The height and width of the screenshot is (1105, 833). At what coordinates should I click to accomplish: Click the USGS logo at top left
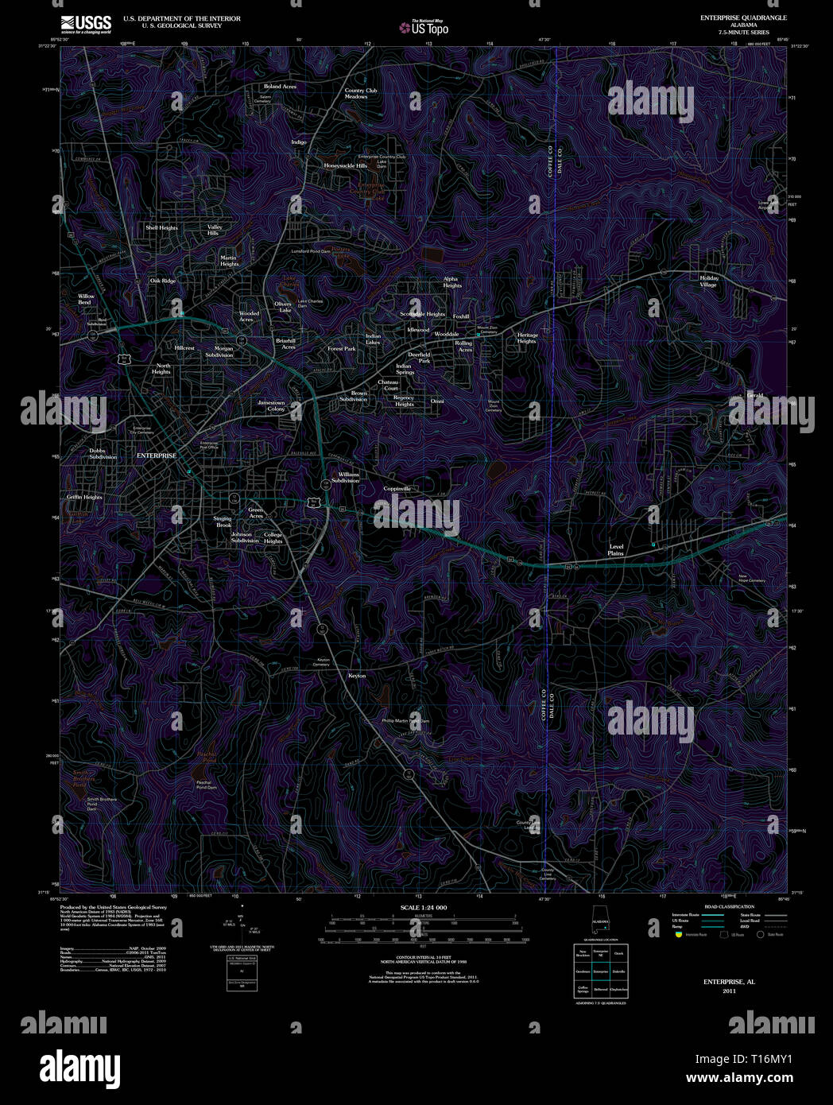(86, 23)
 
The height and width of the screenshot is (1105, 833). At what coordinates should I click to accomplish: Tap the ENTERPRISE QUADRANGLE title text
(743, 17)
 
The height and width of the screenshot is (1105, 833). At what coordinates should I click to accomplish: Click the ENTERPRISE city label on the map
(157, 456)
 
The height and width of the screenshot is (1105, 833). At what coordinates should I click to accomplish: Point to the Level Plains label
(616, 549)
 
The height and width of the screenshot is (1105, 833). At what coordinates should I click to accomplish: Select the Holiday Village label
(708, 281)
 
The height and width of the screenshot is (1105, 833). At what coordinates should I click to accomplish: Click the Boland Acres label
(280, 87)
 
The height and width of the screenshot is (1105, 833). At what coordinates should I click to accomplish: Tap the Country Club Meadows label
(360, 93)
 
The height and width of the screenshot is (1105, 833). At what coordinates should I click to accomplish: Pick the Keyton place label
(357, 676)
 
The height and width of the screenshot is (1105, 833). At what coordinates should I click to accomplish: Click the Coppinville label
(397, 489)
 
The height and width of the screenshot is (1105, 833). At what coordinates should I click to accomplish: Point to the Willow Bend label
(86, 299)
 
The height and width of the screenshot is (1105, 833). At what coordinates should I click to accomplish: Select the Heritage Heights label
(527, 338)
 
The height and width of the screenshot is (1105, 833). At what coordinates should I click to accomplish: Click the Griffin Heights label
(84, 497)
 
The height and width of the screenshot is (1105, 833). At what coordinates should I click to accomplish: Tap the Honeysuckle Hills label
(345, 166)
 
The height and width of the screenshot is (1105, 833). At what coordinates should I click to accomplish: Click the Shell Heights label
(161, 227)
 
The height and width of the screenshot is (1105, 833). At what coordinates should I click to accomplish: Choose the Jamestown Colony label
(271, 405)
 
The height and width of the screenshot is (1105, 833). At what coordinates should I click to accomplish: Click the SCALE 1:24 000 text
(423, 908)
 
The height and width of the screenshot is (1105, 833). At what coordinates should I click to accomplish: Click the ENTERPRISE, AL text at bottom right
(729, 982)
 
